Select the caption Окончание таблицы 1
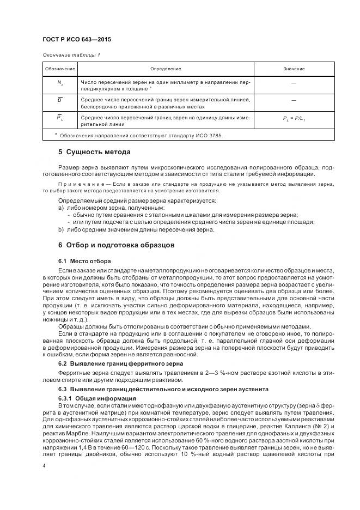click(71, 55)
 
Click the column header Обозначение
click(59, 69)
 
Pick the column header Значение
click(294, 69)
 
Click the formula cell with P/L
click(294, 118)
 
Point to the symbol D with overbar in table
click(59, 100)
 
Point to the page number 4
click(44, 466)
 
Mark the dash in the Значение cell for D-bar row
click(294, 100)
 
